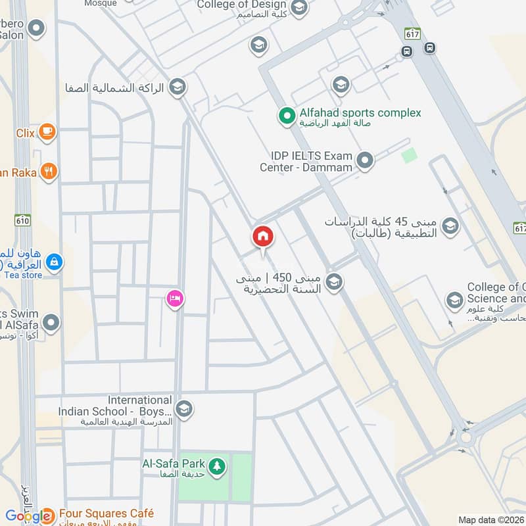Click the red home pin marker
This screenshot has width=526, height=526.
[x=262, y=236]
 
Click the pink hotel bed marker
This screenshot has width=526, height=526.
[x=174, y=299]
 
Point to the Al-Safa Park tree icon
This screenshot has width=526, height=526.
[x=218, y=467]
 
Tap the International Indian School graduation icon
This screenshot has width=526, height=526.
[x=184, y=408]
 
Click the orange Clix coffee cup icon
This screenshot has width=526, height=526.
[x=47, y=132]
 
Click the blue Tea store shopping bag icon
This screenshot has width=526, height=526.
[x=55, y=262]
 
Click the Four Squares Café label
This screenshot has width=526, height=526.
[x=107, y=514]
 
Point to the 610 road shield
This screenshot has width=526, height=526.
[x=23, y=220]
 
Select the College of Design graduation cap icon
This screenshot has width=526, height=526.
[x=299, y=8]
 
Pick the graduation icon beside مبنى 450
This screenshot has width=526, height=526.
[x=334, y=282]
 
